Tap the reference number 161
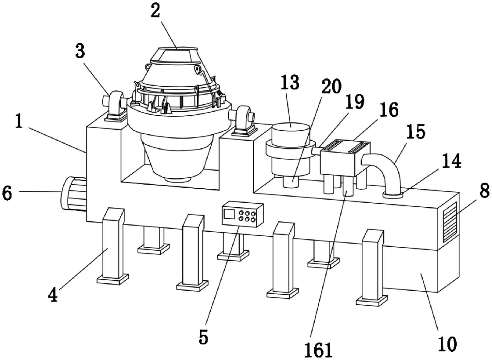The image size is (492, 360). pos(319,350)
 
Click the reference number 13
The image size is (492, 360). pos(290,83)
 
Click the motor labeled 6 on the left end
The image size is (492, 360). pos(73,194)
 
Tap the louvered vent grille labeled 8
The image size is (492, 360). pos(450,222)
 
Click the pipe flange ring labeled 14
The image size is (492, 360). pos(393,195)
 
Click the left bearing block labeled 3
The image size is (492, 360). pos(114,107)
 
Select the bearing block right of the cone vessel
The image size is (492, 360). pos(243,121)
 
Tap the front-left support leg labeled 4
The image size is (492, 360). pos(113,246)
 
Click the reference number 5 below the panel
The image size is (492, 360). pos(203,337)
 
